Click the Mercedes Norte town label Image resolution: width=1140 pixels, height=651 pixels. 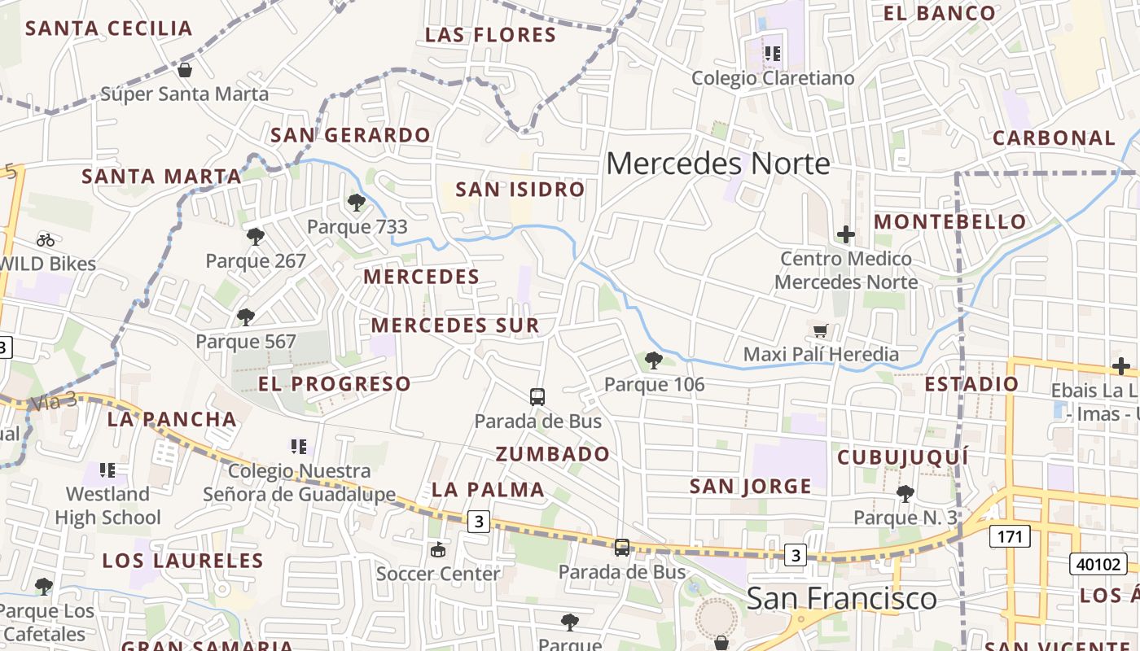point(717,164)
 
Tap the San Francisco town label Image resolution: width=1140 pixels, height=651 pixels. point(841,599)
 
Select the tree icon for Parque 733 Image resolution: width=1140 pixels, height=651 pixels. point(356,203)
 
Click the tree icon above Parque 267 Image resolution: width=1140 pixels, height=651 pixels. point(256,237)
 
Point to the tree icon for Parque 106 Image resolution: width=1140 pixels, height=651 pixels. point(653,360)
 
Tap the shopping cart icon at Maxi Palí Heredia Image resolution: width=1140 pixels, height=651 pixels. point(821,330)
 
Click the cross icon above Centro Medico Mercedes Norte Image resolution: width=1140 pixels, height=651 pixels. point(846,234)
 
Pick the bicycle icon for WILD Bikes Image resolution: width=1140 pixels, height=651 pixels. point(46,239)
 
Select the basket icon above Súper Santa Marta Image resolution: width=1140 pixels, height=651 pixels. point(185,70)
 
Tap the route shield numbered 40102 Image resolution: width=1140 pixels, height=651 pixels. point(1098,563)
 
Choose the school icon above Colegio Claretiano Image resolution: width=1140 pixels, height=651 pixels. point(773,54)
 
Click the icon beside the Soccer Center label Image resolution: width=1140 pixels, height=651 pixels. point(438,549)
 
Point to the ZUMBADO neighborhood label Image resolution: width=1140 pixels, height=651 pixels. point(553,454)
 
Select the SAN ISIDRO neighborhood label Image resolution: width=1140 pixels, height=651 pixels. point(520,190)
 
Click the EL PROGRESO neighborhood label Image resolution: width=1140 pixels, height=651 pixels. point(335,383)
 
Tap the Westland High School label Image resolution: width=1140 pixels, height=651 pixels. point(107,505)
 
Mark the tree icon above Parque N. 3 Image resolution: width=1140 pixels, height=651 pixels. point(905,493)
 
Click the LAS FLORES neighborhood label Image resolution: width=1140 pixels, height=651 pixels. point(491,35)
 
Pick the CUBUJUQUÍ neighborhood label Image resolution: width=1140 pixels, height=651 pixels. point(903,457)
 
